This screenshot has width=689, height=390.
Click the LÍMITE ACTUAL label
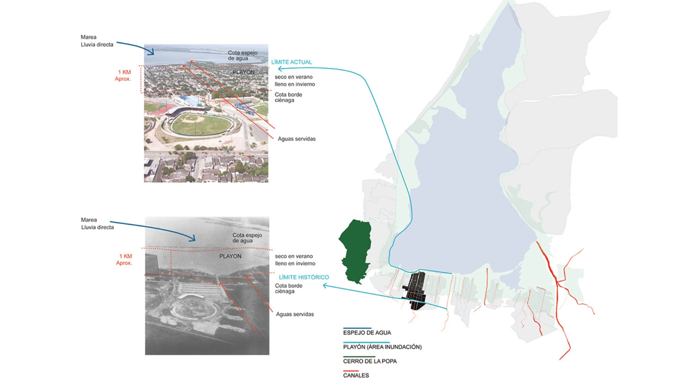click(291, 62)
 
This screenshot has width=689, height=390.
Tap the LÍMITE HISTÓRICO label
click(304, 277)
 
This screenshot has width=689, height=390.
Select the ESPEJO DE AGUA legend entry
click(367, 333)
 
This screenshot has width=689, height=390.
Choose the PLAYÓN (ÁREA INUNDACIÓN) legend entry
click(382, 347)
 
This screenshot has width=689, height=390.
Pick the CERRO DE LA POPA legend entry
click(370, 361)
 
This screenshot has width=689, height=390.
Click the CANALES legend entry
click(356, 375)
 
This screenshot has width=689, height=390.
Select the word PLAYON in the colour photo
click(243, 72)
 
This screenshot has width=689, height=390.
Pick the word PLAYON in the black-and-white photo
click(230, 256)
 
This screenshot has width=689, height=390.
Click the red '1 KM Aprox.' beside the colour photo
click(123, 76)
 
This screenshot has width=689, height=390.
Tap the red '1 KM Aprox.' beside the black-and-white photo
click(125, 260)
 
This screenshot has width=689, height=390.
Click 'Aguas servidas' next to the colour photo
click(296, 139)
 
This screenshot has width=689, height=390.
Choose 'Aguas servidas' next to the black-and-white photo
click(295, 314)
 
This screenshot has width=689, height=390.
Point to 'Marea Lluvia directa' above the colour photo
click(97, 41)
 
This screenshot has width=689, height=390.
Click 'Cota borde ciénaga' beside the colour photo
click(288, 97)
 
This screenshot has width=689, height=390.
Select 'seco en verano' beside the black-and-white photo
click(294, 256)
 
